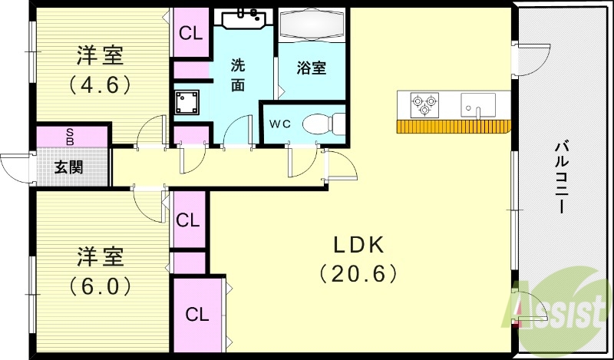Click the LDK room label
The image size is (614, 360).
pyautogui.click(x=358, y=245)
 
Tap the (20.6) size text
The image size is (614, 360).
pyautogui.click(x=358, y=272)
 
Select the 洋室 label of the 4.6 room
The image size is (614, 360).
pyautogui.click(x=100, y=56)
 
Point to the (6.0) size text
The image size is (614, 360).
pyautogui.click(x=101, y=286)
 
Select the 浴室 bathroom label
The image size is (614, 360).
pyautogui.click(x=312, y=68)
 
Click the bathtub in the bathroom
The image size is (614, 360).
pyautogui.click(x=312, y=28)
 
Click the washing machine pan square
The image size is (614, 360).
pyautogui.click(x=187, y=101)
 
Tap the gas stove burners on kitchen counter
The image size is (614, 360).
pyautogui.click(x=424, y=104)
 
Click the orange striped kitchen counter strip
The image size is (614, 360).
pyautogui.click(x=453, y=127)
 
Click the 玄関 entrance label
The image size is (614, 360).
pyautogui.click(x=69, y=167)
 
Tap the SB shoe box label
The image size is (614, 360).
pyautogui.click(x=70, y=137)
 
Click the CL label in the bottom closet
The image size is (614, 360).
pyautogui.click(x=196, y=314)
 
